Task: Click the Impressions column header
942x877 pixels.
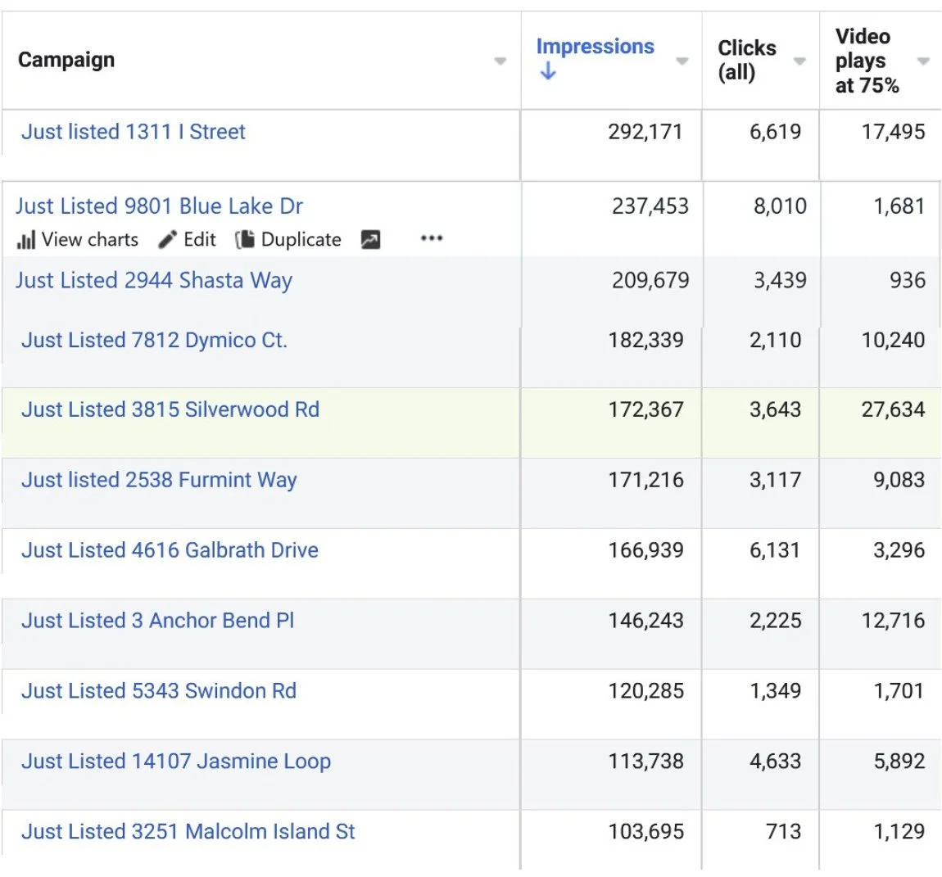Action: (x=595, y=46)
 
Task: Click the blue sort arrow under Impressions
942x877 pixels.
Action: (x=548, y=71)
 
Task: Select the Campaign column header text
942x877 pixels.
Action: (x=66, y=60)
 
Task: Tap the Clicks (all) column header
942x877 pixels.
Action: (x=747, y=60)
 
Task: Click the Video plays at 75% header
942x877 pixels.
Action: (x=867, y=60)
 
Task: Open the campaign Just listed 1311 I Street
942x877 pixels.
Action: (x=134, y=132)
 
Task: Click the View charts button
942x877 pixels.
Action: (x=78, y=239)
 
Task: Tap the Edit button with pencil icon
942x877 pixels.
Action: (x=187, y=239)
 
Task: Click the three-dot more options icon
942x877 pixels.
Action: (x=432, y=238)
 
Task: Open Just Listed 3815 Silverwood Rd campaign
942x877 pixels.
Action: (x=170, y=409)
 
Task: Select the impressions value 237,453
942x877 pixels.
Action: (x=650, y=206)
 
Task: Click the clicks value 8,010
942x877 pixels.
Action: (x=780, y=206)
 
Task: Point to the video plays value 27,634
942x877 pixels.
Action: (x=894, y=409)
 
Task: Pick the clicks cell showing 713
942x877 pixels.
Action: (x=783, y=831)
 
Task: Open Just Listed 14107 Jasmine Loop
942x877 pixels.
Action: (x=176, y=761)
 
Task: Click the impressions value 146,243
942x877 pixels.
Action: (x=645, y=621)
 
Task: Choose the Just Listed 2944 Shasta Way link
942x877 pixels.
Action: (x=154, y=281)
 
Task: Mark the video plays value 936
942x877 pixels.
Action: (x=907, y=280)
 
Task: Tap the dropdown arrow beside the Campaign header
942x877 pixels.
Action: (x=500, y=61)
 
